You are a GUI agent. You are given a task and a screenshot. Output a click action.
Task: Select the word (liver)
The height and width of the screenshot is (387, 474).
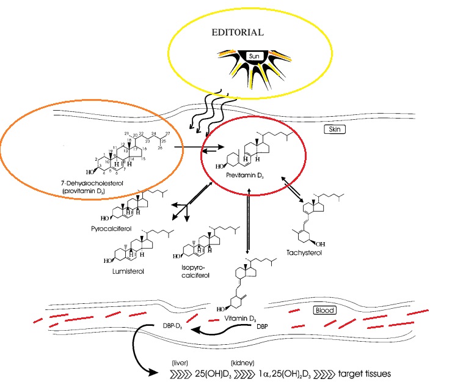click(180, 361)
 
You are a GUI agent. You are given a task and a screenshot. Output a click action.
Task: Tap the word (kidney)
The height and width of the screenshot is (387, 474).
click(239, 361)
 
